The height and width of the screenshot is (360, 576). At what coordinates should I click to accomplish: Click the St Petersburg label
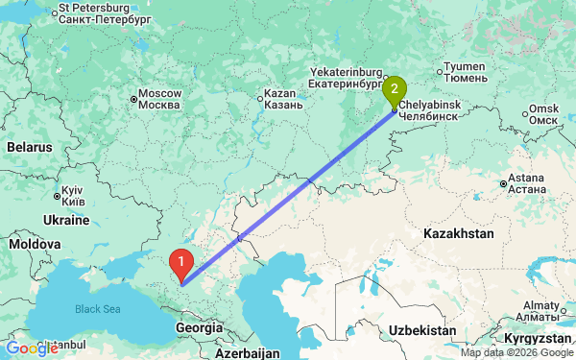coord(106,12)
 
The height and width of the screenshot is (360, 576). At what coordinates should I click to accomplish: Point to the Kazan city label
coord(285,99)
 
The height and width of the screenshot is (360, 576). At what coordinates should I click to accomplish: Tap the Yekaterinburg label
coord(346,77)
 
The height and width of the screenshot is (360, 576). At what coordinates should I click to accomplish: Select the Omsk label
coord(543,114)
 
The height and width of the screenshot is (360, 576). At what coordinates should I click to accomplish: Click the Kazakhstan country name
coord(460,233)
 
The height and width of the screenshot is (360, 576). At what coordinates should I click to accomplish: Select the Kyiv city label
coord(73,196)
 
